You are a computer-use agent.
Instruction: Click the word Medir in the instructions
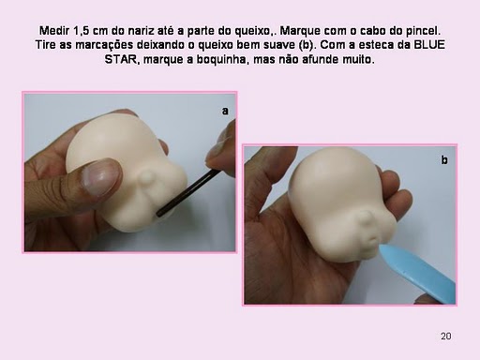pos(54,31)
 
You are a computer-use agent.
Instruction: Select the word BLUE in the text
pos(429,45)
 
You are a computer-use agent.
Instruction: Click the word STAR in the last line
pos(122,59)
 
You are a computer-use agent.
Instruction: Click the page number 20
pos(446,336)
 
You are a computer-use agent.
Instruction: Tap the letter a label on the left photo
pos(225,111)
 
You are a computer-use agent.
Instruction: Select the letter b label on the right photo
pos(444,159)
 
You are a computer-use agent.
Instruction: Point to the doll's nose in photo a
pos(146,179)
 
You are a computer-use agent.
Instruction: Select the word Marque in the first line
pos(300,31)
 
